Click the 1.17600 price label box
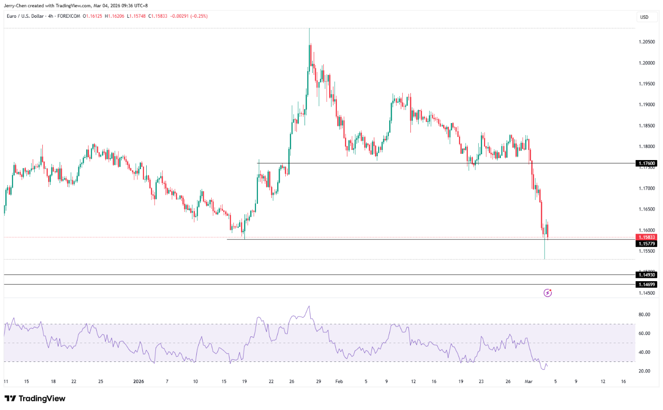[646, 163]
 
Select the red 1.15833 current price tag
[646, 237]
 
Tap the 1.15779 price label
[646, 244]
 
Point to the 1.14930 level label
[646, 274]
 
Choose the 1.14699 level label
[646, 285]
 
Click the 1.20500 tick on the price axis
[646, 42]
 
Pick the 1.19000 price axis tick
[646, 105]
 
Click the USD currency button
[644, 17]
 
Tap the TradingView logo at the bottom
[35, 398]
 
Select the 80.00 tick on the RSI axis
[644, 314]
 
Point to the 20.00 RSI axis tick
[644, 371]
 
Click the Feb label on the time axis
[339, 382]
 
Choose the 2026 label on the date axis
[139, 382]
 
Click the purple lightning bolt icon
[548, 293]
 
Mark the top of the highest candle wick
[309, 29]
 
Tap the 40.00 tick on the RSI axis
[644, 352]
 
